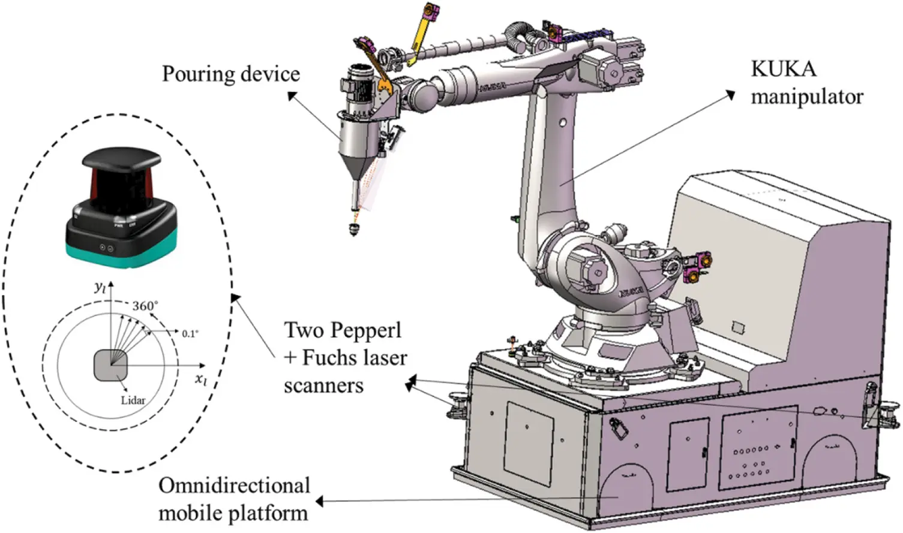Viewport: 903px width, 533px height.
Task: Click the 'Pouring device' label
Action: click(x=230, y=74)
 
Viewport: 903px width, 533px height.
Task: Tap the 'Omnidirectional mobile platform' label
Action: click(x=234, y=499)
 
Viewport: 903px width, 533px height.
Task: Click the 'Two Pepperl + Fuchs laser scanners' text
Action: click(x=345, y=357)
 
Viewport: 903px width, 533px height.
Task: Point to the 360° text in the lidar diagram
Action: click(x=145, y=306)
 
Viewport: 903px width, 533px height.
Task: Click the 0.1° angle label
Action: click(x=190, y=333)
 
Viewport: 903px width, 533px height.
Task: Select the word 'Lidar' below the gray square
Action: click(x=133, y=400)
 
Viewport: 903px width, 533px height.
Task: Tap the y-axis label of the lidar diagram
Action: click(x=100, y=287)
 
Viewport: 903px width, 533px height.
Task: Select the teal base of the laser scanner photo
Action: click(x=120, y=254)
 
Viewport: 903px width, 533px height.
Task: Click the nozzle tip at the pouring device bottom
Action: click(x=354, y=229)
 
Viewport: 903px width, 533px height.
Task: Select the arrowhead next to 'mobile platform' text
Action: click(x=320, y=501)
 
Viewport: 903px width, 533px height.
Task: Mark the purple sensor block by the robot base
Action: click(x=696, y=267)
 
